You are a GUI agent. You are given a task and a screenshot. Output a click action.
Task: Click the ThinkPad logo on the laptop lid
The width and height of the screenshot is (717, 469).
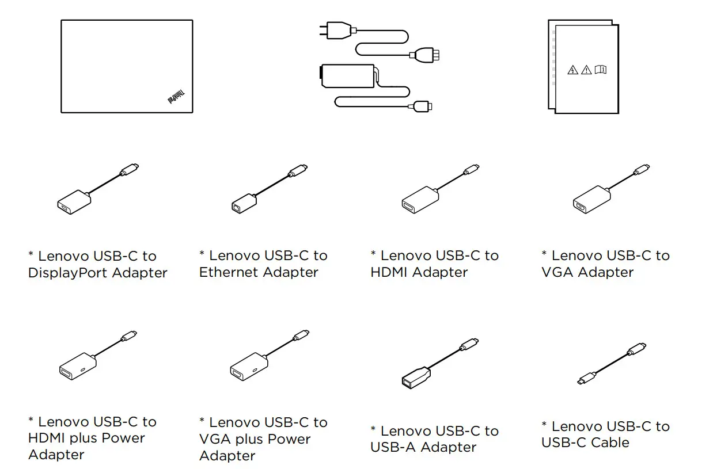(x=176, y=97)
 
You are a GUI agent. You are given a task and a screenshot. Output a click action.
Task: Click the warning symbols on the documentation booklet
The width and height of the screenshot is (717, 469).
(x=586, y=70)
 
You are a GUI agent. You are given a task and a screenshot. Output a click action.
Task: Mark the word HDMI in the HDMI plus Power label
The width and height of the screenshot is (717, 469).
(x=47, y=439)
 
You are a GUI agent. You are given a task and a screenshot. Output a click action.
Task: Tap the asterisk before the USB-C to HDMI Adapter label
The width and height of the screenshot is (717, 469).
(x=374, y=254)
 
